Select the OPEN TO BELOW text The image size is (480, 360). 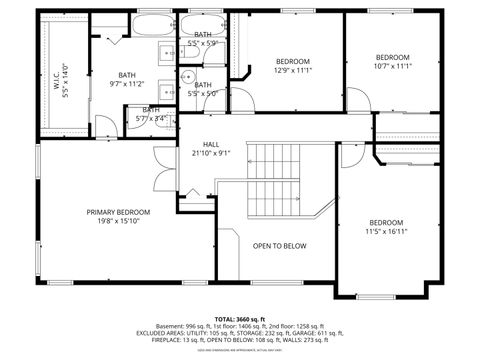pyautogui.click(x=279, y=245)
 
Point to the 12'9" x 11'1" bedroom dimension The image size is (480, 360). pyautogui.click(x=293, y=70)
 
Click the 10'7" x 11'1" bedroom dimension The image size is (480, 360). pyautogui.click(x=393, y=67)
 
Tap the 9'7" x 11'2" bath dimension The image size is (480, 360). pyautogui.click(x=127, y=85)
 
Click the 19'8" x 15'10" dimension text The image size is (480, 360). pyautogui.click(x=118, y=222)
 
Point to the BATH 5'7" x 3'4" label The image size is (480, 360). pyautogui.click(x=151, y=114)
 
